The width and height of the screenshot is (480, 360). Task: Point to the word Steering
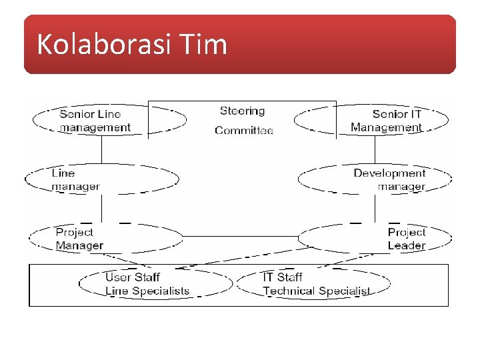click(242, 111)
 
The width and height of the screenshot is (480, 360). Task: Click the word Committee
click(244, 131)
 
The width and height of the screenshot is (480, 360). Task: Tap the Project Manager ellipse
click(106, 239)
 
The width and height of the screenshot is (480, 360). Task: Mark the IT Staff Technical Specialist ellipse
click(313, 284)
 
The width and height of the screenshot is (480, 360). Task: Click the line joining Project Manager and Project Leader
click(240, 237)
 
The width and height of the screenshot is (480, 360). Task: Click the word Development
click(389, 173)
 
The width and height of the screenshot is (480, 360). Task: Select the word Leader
click(406, 245)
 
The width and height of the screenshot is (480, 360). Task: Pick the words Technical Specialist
click(316, 291)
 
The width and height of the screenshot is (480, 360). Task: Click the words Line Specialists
click(147, 291)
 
